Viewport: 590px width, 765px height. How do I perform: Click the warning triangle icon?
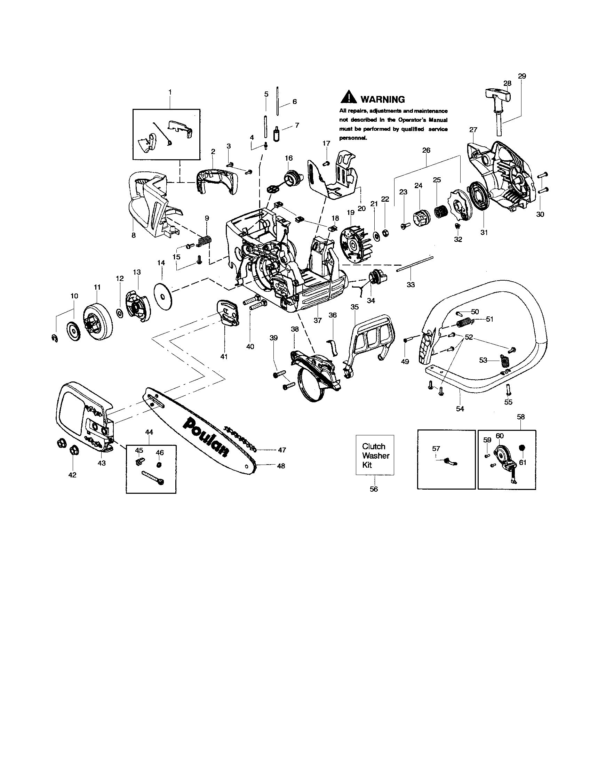click(x=349, y=97)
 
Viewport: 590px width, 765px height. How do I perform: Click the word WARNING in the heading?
click(x=382, y=99)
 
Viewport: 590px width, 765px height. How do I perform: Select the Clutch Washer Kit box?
click(x=375, y=455)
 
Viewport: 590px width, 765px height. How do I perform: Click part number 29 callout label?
click(x=522, y=76)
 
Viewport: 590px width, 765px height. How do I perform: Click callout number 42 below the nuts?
click(x=72, y=475)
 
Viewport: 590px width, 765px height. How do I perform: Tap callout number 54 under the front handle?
click(x=460, y=409)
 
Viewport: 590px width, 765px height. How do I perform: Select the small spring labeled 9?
click(x=206, y=241)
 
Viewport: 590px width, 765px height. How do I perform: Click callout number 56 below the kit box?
click(x=374, y=489)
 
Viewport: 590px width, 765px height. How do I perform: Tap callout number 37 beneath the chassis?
click(x=317, y=320)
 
